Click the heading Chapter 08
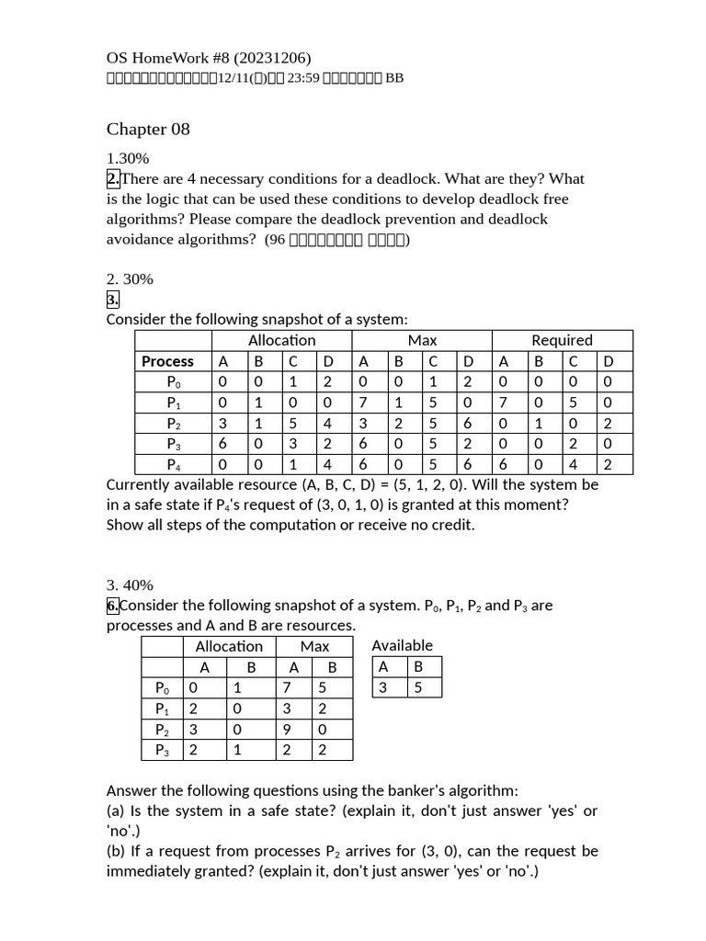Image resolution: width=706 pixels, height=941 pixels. [x=148, y=130]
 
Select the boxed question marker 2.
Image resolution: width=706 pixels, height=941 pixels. [x=113, y=179]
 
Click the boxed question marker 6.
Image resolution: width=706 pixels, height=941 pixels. [x=113, y=606]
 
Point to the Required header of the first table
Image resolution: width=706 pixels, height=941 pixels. [x=562, y=340]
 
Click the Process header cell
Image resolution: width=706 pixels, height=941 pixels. [x=167, y=361]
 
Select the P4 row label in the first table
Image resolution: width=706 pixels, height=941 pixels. [x=174, y=464]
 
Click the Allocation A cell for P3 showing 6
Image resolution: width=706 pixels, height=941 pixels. [x=222, y=444]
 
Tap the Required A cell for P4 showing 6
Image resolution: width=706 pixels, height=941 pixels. [x=504, y=464]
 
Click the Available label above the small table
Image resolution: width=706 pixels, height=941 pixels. [x=402, y=645]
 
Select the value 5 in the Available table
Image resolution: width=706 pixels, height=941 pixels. [x=417, y=686]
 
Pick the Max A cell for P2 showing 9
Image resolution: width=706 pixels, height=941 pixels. [x=294, y=729]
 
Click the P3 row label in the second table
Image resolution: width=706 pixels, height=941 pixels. [x=162, y=750]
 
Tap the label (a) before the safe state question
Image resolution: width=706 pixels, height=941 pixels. [x=116, y=811]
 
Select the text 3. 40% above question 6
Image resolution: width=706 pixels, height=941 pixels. [x=130, y=585]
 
